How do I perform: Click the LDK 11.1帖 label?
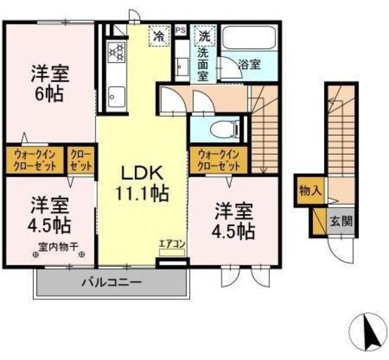142,183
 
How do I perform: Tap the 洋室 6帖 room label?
50,84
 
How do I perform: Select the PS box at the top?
181,30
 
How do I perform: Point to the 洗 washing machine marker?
205,36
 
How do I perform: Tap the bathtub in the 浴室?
249,37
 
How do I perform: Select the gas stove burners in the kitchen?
117,52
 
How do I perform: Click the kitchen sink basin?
117,97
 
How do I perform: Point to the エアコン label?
172,244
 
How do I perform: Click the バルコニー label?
112,282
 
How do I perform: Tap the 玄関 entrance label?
341,221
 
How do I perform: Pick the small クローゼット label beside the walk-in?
81,160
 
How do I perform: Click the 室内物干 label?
58,246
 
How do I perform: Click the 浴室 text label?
249,65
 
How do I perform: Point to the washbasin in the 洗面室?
182,66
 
